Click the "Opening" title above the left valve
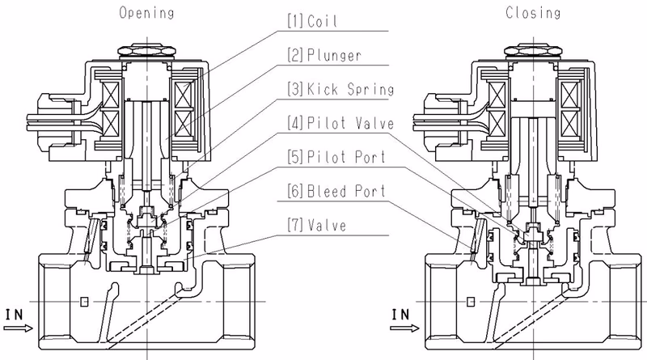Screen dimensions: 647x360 pyautogui.click(x=146, y=13)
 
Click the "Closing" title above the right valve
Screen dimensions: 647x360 pyautogui.click(x=533, y=13)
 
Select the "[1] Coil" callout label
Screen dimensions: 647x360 pyautogui.click(x=312, y=21)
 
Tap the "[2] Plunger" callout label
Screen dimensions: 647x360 pyautogui.click(x=324, y=55)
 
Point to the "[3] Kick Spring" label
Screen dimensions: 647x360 pyautogui.click(x=340, y=89)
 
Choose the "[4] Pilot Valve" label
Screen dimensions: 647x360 pyautogui.click(x=340, y=123)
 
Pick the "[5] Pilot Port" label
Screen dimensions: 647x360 pyautogui.click(x=336, y=157)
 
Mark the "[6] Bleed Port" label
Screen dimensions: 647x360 pyautogui.click(x=336, y=191)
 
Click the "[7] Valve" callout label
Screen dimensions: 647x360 pyautogui.click(x=317, y=226)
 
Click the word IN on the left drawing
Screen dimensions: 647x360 pyautogui.click(x=14, y=315)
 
